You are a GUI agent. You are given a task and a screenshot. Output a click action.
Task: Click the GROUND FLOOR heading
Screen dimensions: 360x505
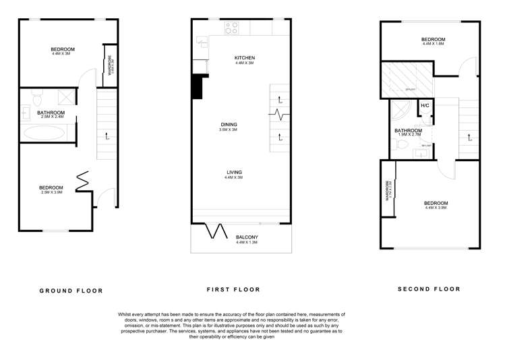coord(71,291)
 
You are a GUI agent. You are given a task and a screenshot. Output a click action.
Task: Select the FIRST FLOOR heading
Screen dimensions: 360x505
coord(233,290)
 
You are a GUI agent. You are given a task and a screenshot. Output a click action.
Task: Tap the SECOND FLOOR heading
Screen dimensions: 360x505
coord(429,289)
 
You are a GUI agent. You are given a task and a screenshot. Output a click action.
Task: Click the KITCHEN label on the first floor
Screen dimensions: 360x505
coord(244,58)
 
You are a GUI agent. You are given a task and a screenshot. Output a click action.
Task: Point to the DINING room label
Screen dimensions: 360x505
coord(229,124)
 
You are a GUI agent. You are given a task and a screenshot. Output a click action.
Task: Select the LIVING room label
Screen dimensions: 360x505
coord(234,173)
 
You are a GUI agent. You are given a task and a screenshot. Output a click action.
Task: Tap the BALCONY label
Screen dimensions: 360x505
coord(246,237)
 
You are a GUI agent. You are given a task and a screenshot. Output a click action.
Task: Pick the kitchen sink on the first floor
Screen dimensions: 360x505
coord(202,42)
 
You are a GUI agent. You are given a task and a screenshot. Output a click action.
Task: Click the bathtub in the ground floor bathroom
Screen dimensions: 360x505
coord(44,133)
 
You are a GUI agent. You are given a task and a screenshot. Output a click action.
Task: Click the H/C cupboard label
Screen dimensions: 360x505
coord(425,107)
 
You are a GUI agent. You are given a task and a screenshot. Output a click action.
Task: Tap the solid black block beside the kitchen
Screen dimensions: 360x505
coord(197,86)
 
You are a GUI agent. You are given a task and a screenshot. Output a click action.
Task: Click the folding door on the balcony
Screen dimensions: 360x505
coord(217,231)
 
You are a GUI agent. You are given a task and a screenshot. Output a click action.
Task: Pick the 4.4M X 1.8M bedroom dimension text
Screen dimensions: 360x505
coord(433,44)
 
